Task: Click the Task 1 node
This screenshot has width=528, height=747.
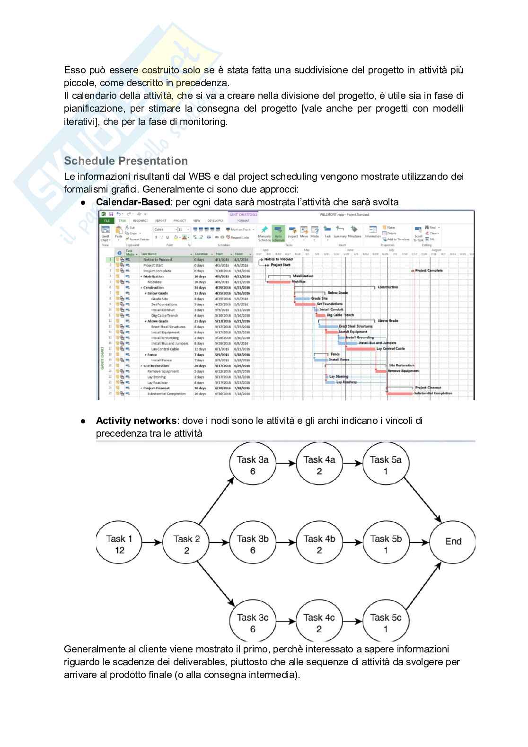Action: point(119,544)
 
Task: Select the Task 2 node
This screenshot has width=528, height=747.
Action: point(186,544)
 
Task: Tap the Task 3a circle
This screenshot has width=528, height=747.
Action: point(253,465)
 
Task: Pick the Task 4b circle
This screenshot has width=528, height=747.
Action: point(319,544)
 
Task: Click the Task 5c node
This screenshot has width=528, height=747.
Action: point(386,623)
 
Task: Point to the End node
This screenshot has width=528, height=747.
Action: point(453,542)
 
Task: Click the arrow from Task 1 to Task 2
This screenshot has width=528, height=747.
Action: point(153,542)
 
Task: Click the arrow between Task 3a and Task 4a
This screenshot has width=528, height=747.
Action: point(286,463)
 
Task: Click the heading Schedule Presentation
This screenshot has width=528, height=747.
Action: point(126,161)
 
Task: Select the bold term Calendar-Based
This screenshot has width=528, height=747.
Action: point(132,202)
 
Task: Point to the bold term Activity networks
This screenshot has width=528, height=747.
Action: point(136,421)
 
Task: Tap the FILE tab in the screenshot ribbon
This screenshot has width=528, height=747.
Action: point(106,221)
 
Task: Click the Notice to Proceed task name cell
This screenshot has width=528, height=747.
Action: point(158,260)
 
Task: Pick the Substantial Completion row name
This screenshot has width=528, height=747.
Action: point(166,394)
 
